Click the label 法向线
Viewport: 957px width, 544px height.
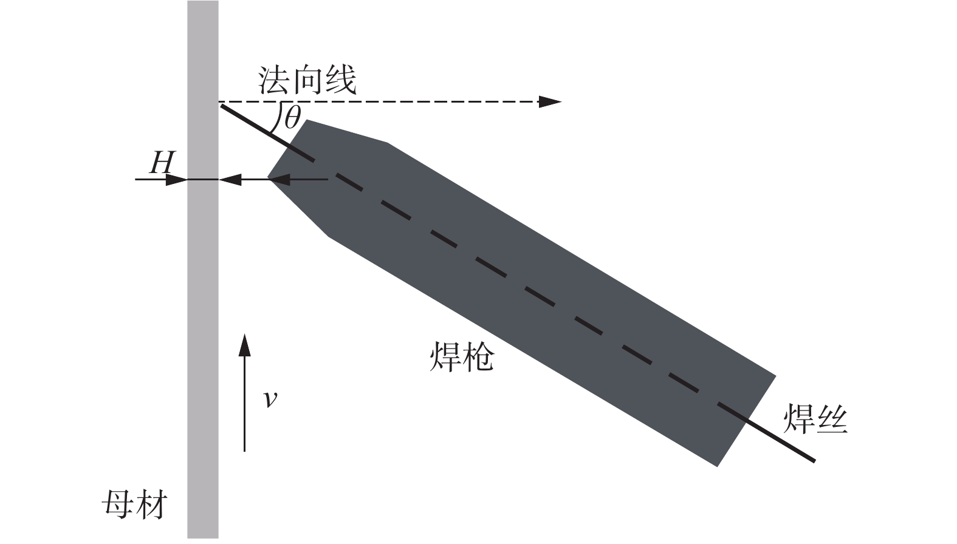[x=307, y=80]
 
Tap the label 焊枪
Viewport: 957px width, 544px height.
[x=461, y=357]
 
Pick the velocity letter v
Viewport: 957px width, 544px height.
[x=270, y=399]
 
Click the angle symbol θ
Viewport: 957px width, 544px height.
[x=293, y=117]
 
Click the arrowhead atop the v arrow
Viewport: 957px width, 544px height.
[x=244, y=345]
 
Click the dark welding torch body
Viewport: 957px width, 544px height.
[x=521, y=293]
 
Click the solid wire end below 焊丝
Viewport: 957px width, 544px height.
[x=814, y=461]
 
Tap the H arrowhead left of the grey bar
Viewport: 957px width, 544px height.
[x=177, y=180]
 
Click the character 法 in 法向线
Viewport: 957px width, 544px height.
[x=274, y=80]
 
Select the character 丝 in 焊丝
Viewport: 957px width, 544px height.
[x=832, y=420]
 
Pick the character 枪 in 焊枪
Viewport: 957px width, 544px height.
[x=479, y=357]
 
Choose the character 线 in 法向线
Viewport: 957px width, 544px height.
[x=341, y=80]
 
